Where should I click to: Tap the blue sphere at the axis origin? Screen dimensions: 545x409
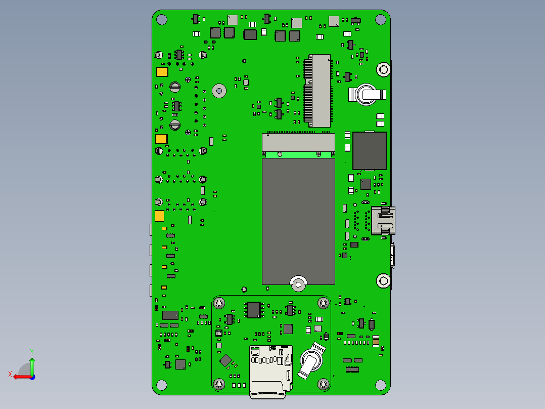point(32,377)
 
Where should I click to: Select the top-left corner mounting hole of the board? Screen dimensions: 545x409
point(162,20)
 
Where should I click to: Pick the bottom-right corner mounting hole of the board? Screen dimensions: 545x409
point(381,385)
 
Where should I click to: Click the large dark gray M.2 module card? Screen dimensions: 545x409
point(298,221)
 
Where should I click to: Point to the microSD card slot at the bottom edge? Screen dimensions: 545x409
point(270,371)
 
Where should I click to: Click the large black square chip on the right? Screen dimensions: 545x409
point(370,151)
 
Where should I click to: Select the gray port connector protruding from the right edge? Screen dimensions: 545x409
point(383,221)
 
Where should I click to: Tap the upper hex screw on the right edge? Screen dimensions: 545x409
point(384,70)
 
